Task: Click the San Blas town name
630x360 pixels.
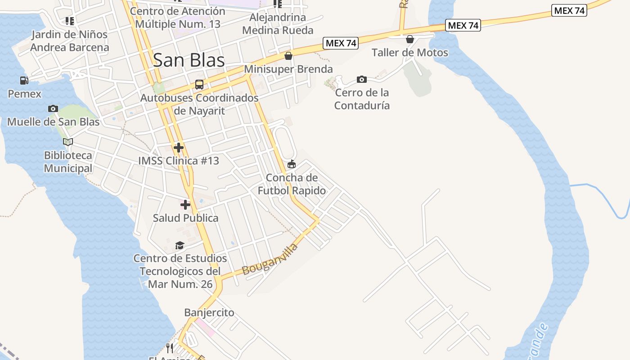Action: click(189, 60)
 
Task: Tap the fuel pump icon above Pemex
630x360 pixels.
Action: click(24, 81)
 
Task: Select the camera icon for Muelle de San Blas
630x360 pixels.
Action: click(53, 108)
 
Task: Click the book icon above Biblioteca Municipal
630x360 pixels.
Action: click(68, 142)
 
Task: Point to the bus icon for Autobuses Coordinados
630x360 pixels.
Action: click(199, 84)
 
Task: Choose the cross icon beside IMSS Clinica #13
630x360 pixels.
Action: click(179, 147)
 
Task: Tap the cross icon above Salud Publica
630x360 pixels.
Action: click(185, 205)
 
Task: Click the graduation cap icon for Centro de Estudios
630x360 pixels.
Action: click(180, 245)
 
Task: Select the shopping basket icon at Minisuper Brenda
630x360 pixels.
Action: click(288, 56)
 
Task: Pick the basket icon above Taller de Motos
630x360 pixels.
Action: click(410, 39)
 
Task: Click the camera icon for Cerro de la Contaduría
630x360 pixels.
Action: click(361, 80)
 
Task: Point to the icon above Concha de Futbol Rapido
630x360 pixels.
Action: click(292, 164)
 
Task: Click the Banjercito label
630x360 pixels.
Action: click(209, 312)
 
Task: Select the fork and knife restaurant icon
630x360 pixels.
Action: click(170, 348)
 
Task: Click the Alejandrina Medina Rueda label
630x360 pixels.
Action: click(278, 24)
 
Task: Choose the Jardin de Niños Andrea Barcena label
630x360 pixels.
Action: click(70, 41)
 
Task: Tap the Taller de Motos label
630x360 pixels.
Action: click(410, 53)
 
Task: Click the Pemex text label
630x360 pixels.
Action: click(25, 94)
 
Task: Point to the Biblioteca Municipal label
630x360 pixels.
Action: click(68, 162)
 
